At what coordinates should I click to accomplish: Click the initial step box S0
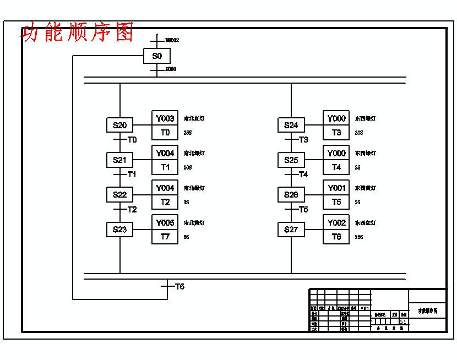[157, 56]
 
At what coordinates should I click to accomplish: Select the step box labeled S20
[119, 125]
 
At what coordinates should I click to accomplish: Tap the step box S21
[119, 160]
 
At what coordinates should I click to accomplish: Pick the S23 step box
[119, 230]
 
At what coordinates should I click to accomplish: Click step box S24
[291, 125]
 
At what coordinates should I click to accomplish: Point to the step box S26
[291, 195]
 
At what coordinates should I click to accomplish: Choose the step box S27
[291, 230]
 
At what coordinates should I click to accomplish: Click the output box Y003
[165, 118]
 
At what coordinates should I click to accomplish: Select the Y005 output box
[165, 222]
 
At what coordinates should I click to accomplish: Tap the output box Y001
[336, 188]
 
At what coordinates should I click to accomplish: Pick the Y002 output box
[336, 222]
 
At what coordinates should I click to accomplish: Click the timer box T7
[165, 237]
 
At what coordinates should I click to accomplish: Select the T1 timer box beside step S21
[165, 167]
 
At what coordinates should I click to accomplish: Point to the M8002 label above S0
[172, 40]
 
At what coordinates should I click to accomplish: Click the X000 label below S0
[171, 69]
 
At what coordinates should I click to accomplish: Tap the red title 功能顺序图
[78, 32]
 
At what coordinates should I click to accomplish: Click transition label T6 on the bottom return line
[179, 287]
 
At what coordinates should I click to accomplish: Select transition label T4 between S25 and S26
[303, 174]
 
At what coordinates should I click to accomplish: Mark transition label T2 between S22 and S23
[132, 209]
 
